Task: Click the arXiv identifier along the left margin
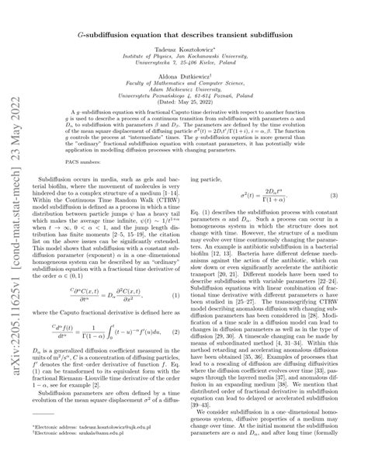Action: click(16, 233)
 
